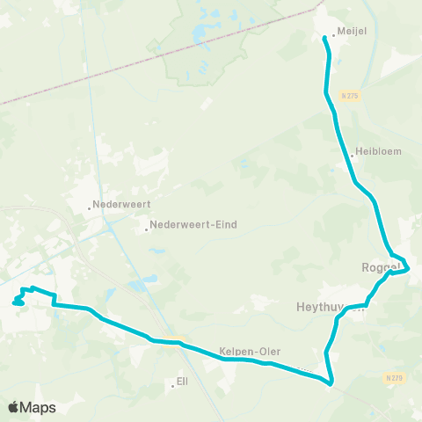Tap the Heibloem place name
[379, 151]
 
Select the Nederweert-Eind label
[193, 224]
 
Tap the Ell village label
[182, 382]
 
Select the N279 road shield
[394, 378]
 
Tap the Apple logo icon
[14, 407]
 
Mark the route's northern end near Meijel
[324, 37]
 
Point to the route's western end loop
[18, 302]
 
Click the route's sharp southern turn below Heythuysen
[331, 383]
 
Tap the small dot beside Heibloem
[352, 156]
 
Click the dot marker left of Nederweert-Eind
[147, 230]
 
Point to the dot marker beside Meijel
[333, 34]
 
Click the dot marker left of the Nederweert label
[90, 208]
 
